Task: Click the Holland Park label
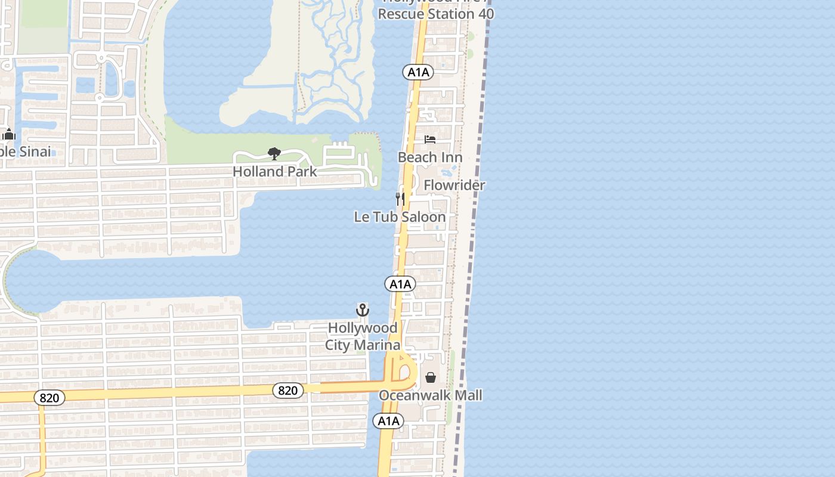point(274,171)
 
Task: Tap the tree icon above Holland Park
point(274,154)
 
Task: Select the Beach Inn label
point(430,157)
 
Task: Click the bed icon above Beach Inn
point(430,140)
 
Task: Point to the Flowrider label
point(454,185)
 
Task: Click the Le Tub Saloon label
point(400,216)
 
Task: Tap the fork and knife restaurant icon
point(400,199)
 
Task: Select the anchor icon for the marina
point(362,310)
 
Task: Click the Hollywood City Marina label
point(363,336)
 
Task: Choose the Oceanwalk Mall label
point(431,395)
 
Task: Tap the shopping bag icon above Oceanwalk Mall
point(431,377)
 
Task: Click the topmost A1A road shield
point(418,73)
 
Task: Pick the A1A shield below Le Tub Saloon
point(400,284)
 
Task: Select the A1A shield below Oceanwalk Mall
point(388,421)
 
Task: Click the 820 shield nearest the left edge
point(50,398)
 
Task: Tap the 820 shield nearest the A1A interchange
point(288,391)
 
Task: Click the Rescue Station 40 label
point(435,14)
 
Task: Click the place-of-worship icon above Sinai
point(8,134)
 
